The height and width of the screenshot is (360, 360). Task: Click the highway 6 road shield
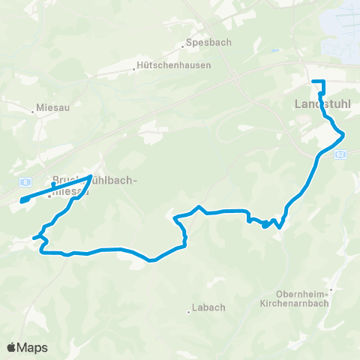tap(26, 181)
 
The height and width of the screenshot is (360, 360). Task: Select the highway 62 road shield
tap(340, 154)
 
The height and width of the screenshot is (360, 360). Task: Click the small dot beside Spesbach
tap(183, 46)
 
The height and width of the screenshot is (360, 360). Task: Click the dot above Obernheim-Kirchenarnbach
tap(330, 288)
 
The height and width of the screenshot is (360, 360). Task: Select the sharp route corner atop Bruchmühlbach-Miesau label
tap(91, 176)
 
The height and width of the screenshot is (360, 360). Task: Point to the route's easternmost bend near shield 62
tap(344, 134)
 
